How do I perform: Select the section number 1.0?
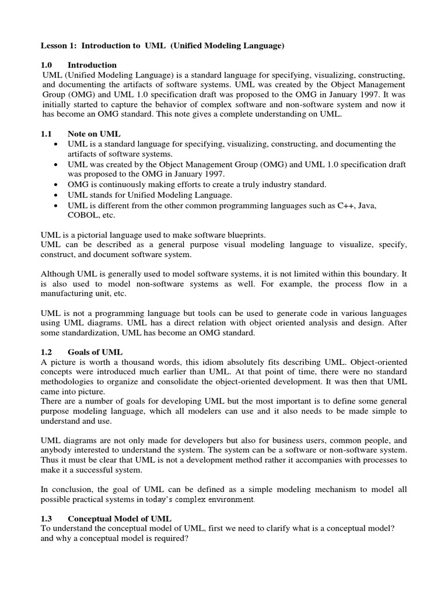click(47, 65)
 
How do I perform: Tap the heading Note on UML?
click(94, 134)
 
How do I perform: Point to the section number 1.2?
click(47, 352)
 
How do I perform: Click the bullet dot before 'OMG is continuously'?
click(55, 185)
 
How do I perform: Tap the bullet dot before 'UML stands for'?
click(55, 195)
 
